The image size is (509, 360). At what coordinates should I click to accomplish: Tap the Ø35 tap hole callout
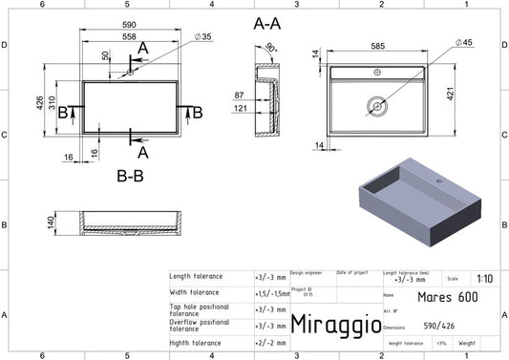(x=203, y=36)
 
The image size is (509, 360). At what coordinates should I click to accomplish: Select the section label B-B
(x=131, y=176)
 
